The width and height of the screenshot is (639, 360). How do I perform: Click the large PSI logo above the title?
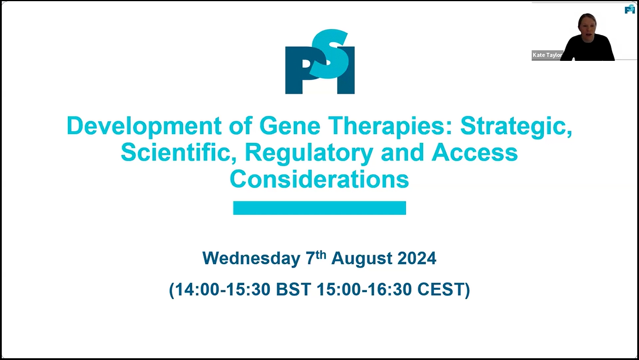click(320, 61)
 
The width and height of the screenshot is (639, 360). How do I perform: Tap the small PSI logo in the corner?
click(630, 9)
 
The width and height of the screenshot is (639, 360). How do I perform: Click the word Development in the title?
click(144, 126)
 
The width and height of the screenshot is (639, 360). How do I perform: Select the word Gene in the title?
click(290, 126)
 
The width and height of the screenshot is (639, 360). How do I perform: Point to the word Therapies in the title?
click(390, 126)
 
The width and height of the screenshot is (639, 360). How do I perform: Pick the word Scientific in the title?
click(176, 153)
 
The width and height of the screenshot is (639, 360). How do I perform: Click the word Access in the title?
click(475, 153)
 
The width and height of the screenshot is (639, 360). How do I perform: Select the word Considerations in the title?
click(319, 179)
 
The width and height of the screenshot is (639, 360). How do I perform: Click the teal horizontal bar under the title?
click(319, 208)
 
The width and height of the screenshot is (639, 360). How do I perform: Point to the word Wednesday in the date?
click(252, 259)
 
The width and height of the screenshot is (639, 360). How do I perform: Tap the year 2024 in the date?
click(417, 259)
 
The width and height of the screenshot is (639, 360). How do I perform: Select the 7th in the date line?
click(316, 257)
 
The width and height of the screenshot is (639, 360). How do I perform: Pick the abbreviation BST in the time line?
click(293, 290)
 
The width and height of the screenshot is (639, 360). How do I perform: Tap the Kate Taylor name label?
click(547, 55)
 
